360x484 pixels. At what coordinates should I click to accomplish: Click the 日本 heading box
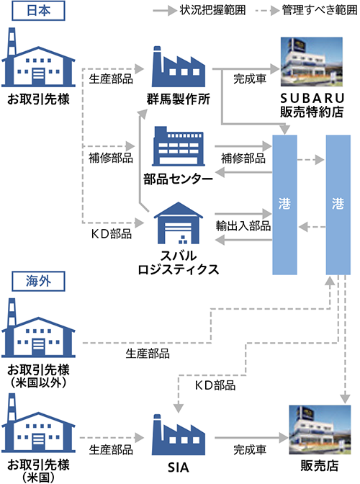(x=38, y=11)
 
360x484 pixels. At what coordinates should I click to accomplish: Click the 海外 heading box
(x=38, y=281)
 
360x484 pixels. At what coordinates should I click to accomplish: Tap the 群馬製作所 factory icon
(x=179, y=67)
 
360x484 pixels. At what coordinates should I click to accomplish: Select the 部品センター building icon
(x=179, y=146)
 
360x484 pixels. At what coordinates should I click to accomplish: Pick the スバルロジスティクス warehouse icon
(x=179, y=223)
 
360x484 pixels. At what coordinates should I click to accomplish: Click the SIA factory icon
(x=179, y=434)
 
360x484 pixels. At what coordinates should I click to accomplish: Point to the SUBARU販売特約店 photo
(x=312, y=62)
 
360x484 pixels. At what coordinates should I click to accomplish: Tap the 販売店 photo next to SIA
(x=320, y=430)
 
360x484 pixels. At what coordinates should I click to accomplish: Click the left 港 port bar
(x=284, y=205)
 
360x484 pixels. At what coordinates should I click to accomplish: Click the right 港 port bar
(x=338, y=205)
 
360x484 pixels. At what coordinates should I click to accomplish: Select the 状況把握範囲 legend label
(x=213, y=10)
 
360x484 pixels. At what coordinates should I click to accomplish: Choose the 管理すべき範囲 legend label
(x=320, y=10)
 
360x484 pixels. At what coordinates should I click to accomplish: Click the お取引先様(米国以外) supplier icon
(x=38, y=328)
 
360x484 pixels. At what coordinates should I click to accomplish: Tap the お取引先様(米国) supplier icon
(x=38, y=423)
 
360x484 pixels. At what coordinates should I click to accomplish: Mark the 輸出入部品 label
(x=243, y=225)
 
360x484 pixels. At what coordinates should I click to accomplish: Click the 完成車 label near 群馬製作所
(x=250, y=79)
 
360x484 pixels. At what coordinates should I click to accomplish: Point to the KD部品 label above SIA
(x=215, y=385)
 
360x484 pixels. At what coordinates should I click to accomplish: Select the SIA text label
(x=179, y=467)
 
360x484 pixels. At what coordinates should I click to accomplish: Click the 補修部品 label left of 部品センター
(x=111, y=158)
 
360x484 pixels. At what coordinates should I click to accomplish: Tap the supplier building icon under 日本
(x=38, y=58)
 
